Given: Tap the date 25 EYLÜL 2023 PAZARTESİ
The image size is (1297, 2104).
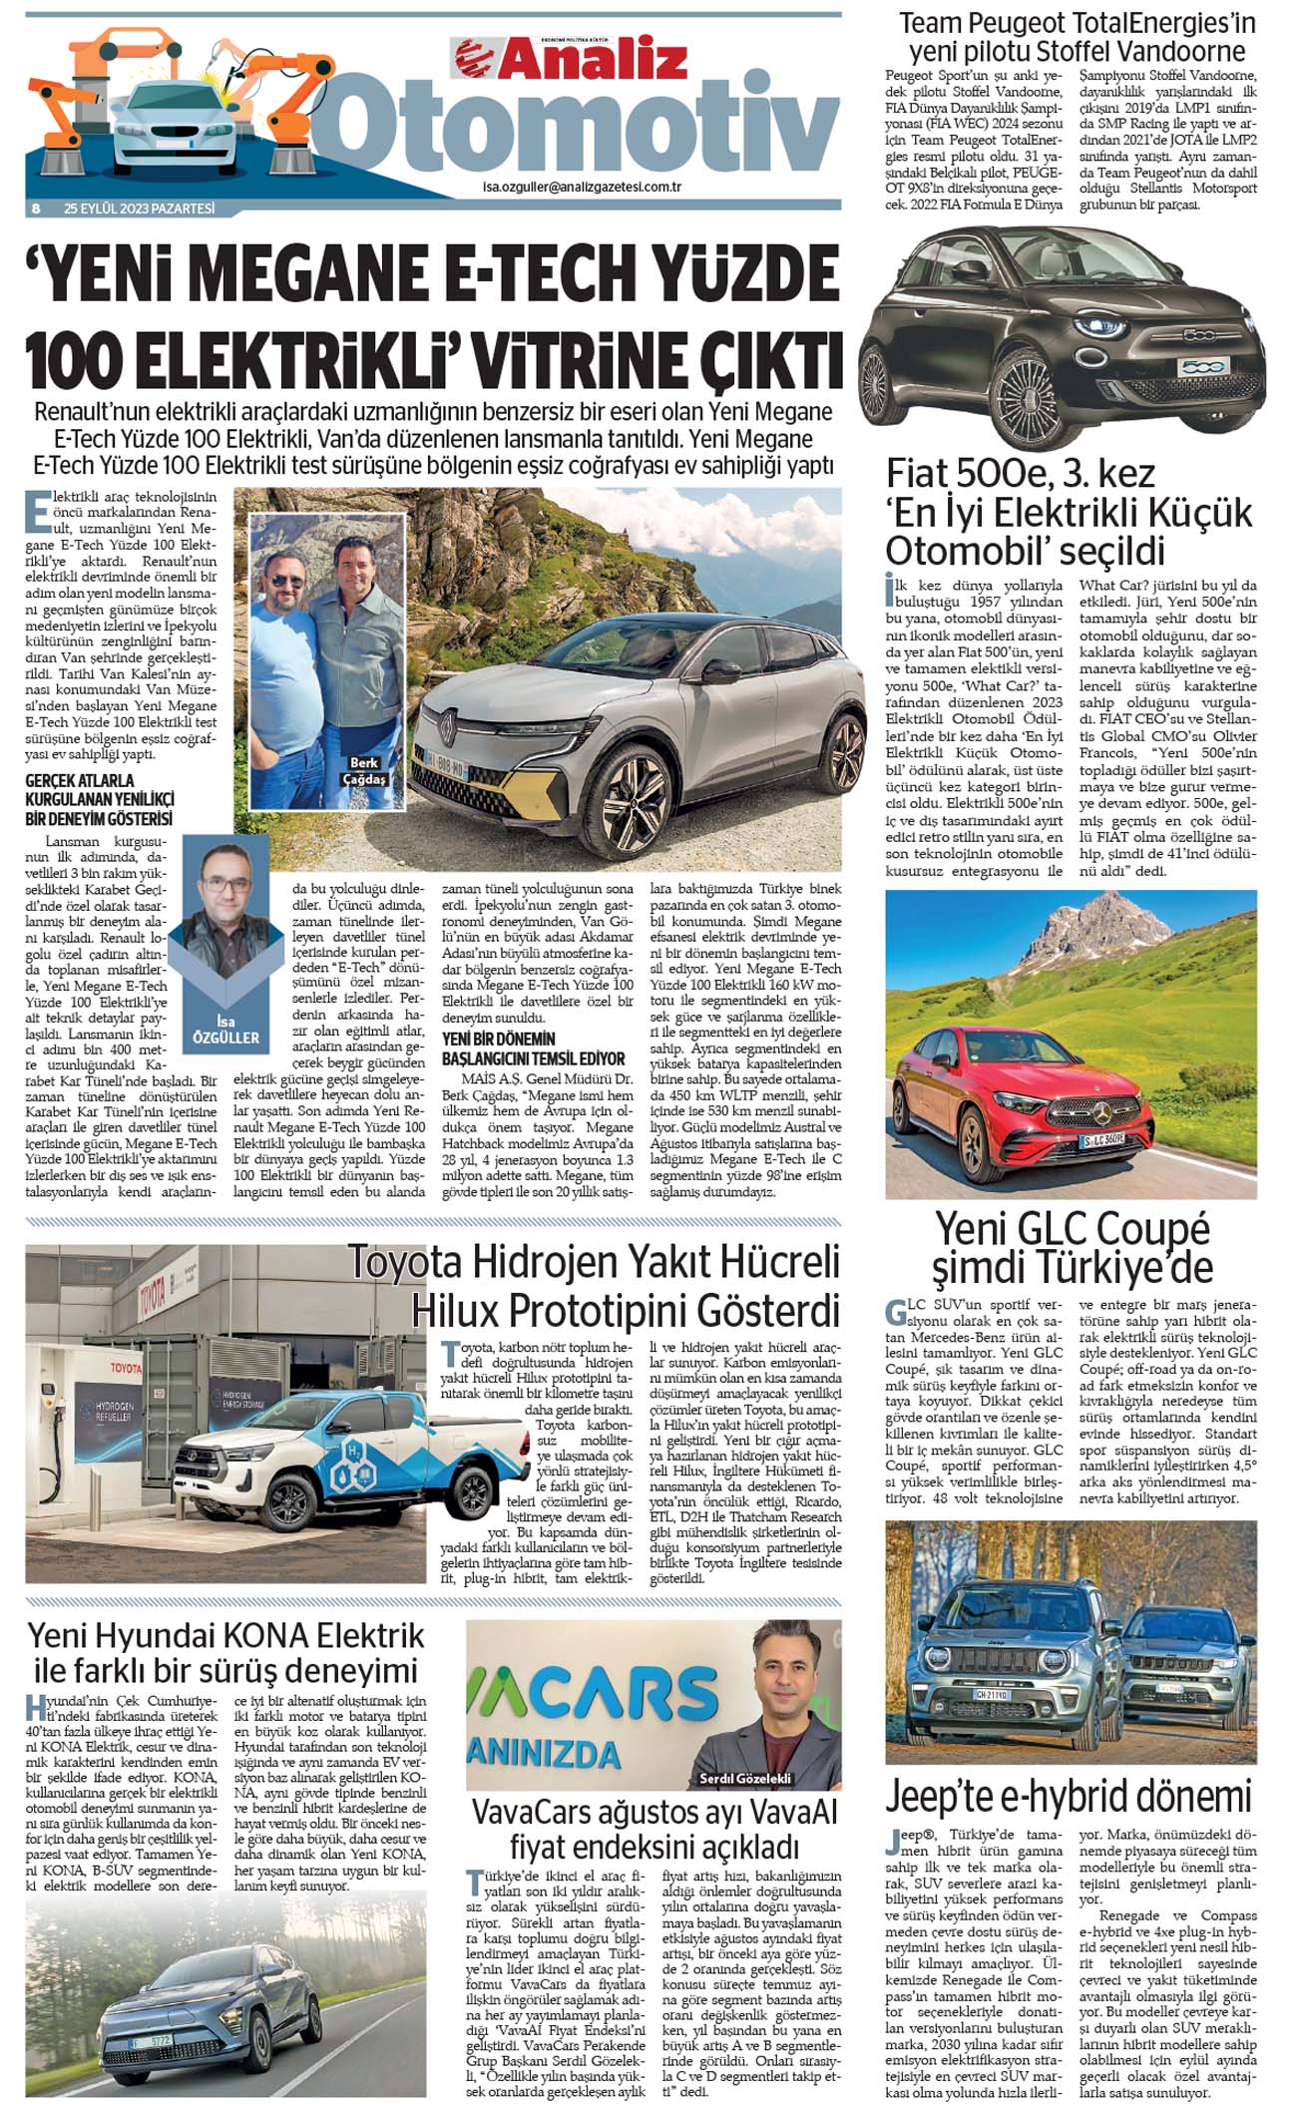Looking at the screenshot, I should (x=139, y=209).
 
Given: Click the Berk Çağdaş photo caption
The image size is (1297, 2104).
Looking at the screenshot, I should (x=364, y=770).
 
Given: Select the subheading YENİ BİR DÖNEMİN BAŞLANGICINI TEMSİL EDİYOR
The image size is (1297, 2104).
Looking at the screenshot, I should (x=534, y=1048).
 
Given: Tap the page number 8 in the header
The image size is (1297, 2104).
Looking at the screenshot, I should (x=36, y=209).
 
